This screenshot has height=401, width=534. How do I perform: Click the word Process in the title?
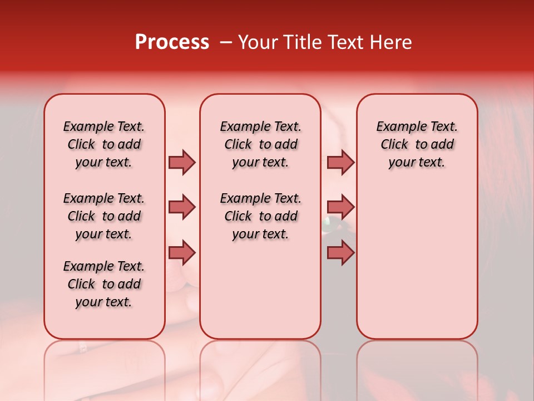point(172,42)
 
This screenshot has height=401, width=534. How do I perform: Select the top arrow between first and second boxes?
point(182,162)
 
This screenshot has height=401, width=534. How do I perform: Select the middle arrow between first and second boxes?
point(182,208)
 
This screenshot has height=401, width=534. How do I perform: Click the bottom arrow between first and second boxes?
point(182,253)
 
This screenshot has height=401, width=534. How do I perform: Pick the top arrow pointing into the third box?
point(340,162)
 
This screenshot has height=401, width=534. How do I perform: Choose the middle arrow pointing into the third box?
point(340,208)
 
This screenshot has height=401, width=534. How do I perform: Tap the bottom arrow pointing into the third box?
point(340,253)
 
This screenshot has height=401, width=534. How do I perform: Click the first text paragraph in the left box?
point(104,144)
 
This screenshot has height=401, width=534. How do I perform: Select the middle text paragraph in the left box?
point(104,216)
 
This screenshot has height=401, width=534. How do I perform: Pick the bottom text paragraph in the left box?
point(104,284)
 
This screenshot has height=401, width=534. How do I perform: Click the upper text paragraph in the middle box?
point(260,144)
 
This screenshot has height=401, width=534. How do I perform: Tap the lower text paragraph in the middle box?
point(260,216)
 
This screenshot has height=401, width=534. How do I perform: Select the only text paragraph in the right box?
point(417,144)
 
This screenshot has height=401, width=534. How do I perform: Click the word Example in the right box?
point(397,127)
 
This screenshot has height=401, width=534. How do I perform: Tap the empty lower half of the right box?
point(417,267)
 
